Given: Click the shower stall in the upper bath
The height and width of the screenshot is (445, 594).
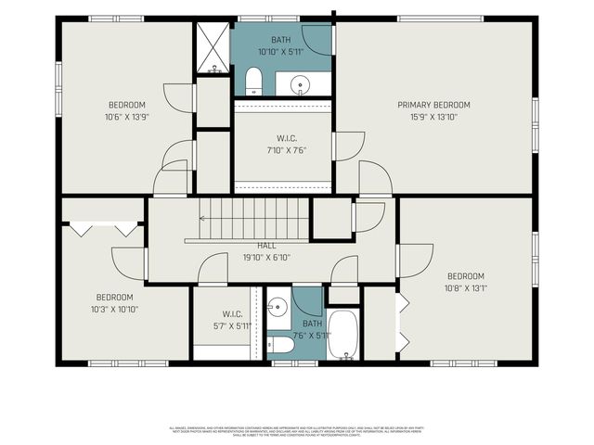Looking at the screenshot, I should tap(213, 47).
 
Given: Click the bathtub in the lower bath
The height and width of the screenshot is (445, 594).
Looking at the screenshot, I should tap(342, 335).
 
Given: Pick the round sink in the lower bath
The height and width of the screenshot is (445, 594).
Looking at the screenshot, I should tap(278, 305).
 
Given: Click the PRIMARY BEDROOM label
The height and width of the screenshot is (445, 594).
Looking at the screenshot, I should tap(433, 105).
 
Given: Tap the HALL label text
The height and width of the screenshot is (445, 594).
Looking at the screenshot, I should tap(266, 245).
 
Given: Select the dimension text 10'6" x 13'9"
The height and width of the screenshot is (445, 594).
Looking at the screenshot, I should tap(127, 117).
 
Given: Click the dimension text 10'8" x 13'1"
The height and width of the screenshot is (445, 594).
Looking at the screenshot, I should tap(466, 287).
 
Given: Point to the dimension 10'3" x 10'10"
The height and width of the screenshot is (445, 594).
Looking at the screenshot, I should tap(115, 309).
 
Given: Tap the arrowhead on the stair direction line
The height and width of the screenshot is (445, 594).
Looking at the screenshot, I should tap(202, 219).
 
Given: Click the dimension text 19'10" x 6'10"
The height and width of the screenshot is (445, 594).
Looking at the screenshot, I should tap(266, 257).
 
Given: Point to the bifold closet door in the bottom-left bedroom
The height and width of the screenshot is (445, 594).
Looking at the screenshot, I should tap(103, 227).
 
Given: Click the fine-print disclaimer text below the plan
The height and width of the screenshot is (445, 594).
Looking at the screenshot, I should tap(298, 431).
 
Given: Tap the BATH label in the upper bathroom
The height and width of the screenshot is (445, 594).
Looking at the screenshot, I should tap(280, 40).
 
